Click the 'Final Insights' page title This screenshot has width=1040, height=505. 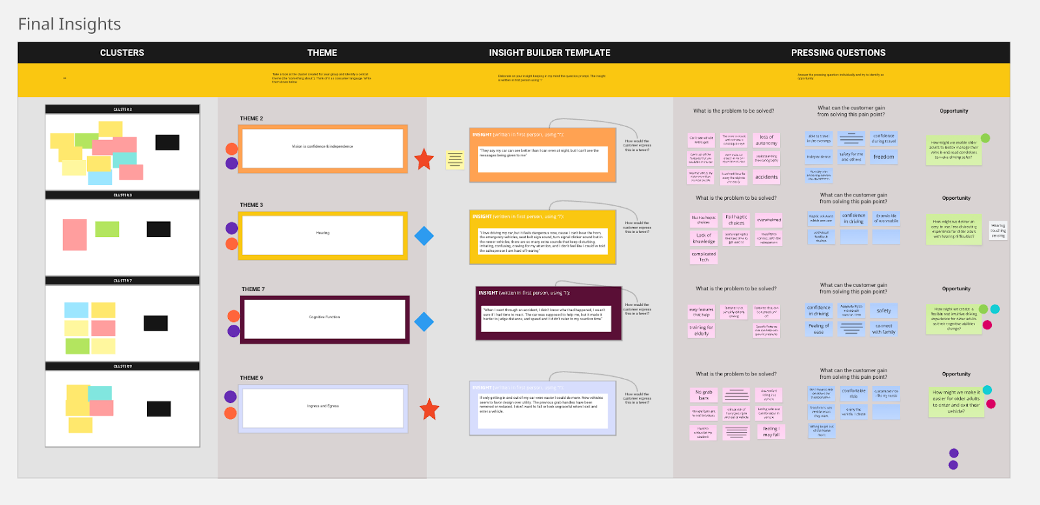pyautogui.click(x=70, y=24)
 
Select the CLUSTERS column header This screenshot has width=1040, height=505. pyautogui.click(x=122, y=53)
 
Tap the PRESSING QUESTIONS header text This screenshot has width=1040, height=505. pyautogui.click(x=838, y=53)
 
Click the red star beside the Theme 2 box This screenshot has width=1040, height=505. pyautogui.click(x=424, y=159)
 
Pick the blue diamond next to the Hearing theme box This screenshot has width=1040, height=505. pyautogui.click(x=424, y=236)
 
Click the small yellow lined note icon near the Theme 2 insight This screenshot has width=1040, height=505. pyautogui.click(x=455, y=159)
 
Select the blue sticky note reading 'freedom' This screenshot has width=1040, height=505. pyautogui.click(x=883, y=157)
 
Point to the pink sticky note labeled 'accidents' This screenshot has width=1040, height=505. pyautogui.click(x=766, y=177)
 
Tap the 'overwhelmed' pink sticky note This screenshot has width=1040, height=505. pyautogui.click(x=769, y=220)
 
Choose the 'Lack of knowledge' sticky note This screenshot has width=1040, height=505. pyautogui.click(x=703, y=238)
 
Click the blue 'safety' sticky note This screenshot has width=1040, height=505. pyautogui.click(x=883, y=310)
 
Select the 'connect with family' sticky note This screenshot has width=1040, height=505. pyautogui.click(x=883, y=329)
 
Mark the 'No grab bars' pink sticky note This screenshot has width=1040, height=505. pyautogui.click(x=703, y=395)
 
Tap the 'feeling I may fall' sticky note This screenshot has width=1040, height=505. pyautogui.click(x=771, y=431)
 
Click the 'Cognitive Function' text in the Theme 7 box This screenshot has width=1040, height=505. pyautogui.click(x=324, y=317)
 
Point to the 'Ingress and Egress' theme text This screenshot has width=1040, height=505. pyautogui.click(x=323, y=406)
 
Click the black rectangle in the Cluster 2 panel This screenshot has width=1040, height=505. pyautogui.click(x=167, y=143)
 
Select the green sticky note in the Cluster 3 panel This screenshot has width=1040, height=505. pyautogui.click(x=107, y=229)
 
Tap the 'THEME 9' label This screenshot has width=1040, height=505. pyautogui.click(x=252, y=378)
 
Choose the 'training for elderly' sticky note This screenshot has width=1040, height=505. pyautogui.click(x=701, y=331)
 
